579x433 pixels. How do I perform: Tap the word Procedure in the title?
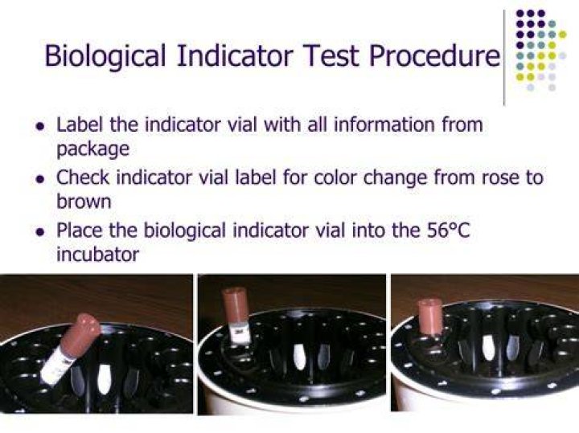(434, 55)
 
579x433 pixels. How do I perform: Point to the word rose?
(502, 178)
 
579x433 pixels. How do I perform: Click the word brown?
(84, 201)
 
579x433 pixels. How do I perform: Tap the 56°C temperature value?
(448, 231)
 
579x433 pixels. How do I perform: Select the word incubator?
(98, 254)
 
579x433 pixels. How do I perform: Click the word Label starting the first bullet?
(80, 125)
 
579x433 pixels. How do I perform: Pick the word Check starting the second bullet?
(83, 178)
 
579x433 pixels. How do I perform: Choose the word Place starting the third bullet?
(79, 231)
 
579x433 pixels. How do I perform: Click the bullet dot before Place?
(40, 232)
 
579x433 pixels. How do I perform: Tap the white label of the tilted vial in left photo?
(56, 366)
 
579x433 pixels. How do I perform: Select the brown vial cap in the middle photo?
(236, 308)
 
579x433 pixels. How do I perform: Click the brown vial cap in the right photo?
(429, 317)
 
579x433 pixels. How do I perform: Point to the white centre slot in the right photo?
(489, 347)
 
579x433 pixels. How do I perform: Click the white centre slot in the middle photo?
(299, 357)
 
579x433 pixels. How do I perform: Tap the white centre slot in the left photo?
(105, 380)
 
